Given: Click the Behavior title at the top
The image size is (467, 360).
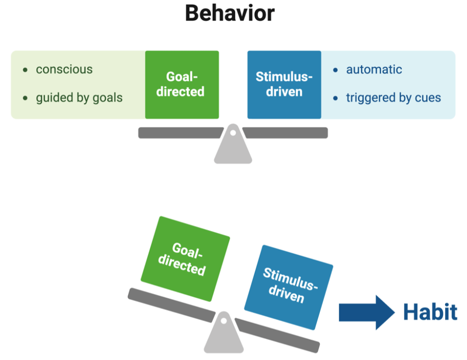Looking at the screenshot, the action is (230, 13).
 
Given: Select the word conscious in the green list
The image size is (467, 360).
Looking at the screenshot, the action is (64, 69).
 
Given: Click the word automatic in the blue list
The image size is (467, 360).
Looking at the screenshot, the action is (374, 69).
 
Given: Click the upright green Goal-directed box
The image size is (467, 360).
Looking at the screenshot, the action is (182, 84).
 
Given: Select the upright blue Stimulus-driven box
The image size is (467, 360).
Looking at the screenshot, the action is (284, 84).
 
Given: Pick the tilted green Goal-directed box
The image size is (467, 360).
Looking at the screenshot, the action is (185, 259).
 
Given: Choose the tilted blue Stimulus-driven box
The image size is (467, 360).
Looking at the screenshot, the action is (289, 287).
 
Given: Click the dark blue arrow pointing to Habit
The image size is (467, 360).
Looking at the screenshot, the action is (367, 313).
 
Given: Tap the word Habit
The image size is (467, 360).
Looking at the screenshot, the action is (430, 312).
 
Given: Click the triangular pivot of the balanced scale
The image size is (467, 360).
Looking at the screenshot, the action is (233, 144).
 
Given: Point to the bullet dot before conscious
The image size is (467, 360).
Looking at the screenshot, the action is (25, 70).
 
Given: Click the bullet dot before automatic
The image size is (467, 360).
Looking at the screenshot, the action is (336, 70).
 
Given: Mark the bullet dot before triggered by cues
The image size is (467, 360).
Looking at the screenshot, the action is (336, 98).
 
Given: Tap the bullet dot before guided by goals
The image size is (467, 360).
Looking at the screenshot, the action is (25, 98).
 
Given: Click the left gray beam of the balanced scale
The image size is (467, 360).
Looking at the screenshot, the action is (180, 133).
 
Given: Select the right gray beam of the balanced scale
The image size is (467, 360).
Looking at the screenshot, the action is (285, 133).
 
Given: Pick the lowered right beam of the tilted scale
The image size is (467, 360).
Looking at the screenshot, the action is (278, 335).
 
